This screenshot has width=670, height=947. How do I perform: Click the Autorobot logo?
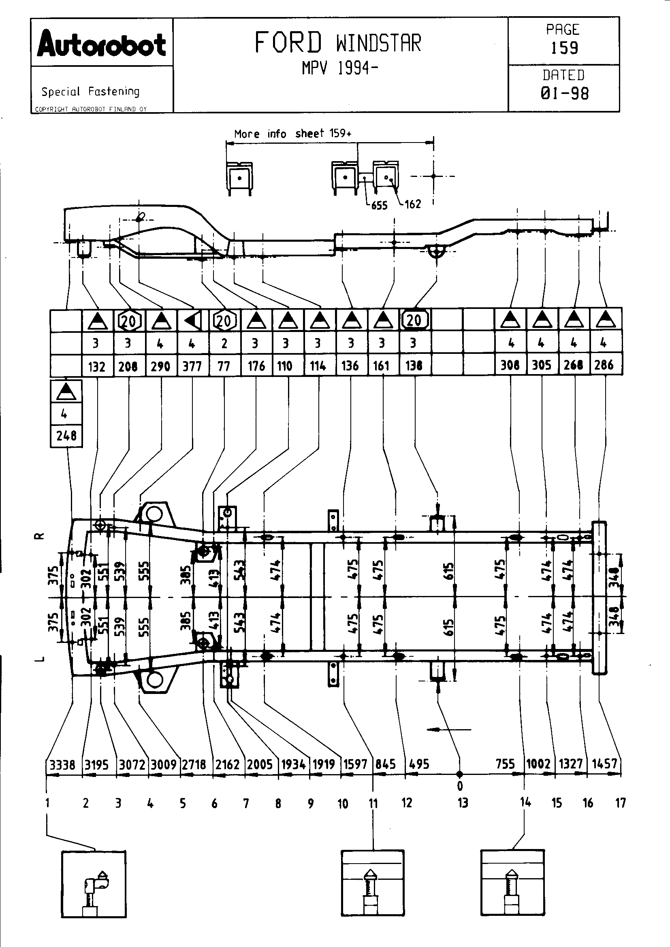(x=102, y=44)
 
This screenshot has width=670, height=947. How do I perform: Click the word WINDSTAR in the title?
(x=378, y=43)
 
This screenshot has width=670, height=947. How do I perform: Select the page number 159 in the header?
(x=564, y=48)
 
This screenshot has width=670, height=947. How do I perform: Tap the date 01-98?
(x=564, y=93)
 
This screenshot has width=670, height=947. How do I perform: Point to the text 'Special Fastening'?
(x=90, y=92)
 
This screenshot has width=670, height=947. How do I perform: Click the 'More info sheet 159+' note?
(x=292, y=134)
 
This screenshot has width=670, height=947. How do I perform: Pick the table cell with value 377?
(x=192, y=366)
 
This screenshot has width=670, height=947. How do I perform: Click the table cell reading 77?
(x=224, y=366)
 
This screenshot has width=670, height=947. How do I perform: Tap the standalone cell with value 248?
(x=66, y=436)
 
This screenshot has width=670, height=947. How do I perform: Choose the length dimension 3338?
(x=63, y=765)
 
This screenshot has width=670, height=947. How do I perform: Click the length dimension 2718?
(x=194, y=765)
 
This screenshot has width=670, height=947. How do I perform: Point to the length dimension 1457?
(x=604, y=764)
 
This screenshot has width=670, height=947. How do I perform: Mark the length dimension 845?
(x=386, y=764)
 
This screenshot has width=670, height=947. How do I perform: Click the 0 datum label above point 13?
(x=460, y=786)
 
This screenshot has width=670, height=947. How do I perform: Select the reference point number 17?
(x=621, y=802)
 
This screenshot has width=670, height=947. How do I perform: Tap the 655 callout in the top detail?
(x=379, y=205)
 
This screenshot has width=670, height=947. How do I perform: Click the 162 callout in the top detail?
(x=412, y=204)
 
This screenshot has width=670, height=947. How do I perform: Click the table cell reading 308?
(x=510, y=365)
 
